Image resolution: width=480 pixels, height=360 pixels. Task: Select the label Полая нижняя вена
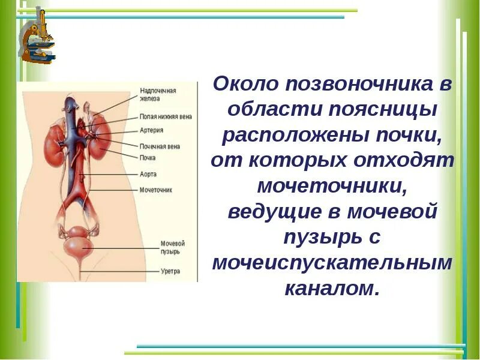(x=166, y=116)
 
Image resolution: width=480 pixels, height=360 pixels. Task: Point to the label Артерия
(x=151, y=130)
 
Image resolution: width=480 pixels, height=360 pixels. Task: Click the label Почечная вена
(x=160, y=146)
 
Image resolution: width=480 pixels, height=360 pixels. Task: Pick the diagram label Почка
(x=148, y=158)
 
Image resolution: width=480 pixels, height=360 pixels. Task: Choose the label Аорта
(x=148, y=174)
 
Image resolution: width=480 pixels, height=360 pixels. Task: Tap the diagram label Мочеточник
(x=155, y=190)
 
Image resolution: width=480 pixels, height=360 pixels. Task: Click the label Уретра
(x=170, y=271)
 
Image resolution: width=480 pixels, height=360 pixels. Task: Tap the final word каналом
(x=332, y=289)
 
